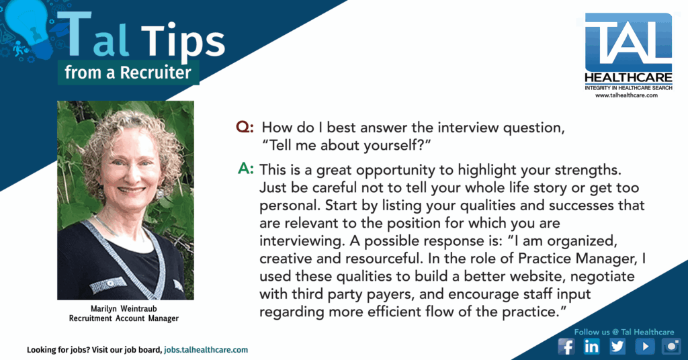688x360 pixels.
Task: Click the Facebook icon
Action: pyautogui.click(x=566, y=347)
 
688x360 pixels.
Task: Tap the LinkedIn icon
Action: pyautogui.click(x=592, y=347)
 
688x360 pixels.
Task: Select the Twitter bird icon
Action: pyautogui.click(x=618, y=347)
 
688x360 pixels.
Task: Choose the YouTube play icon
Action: pyautogui.click(x=645, y=347)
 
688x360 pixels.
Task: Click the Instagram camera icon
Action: pyautogui.click(x=672, y=347)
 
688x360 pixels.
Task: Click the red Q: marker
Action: pyautogui.click(x=245, y=127)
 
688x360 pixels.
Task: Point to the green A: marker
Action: pyautogui.click(x=246, y=169)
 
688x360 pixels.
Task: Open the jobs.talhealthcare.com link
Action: pyautogui.click(x=206, y=350)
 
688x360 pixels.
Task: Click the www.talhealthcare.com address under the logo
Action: pyautogui.click(x=626, y=95)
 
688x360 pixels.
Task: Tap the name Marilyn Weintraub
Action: pyautogui.click(x=124, y=309)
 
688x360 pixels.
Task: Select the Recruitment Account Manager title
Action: pyautogui.click(x=124, y=318)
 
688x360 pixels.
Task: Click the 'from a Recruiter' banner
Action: pyautogui.click(x=128, y=73)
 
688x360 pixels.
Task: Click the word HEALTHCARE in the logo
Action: pyautogui.click(x=628, y=78)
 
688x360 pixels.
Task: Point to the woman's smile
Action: pyautogui.click(x=131, y=190)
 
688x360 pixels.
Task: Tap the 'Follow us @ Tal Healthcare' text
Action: pyautogui.click(x=624, y=332)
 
